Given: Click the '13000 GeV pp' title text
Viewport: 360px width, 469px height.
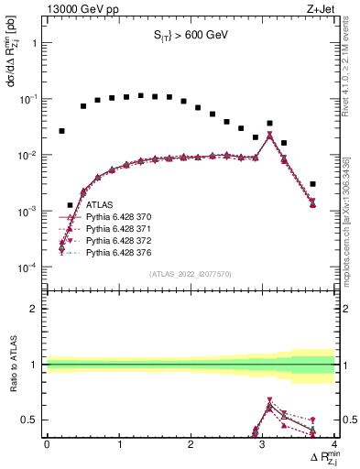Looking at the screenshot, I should click(x=80, y=9).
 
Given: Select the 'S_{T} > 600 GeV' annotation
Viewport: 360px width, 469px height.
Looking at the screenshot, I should click(x=191, y=36).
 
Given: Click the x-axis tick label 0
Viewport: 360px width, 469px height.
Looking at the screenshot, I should click(x=47, y=444).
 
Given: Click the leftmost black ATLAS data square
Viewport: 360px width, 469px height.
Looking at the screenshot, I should click(x=62, y=131).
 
